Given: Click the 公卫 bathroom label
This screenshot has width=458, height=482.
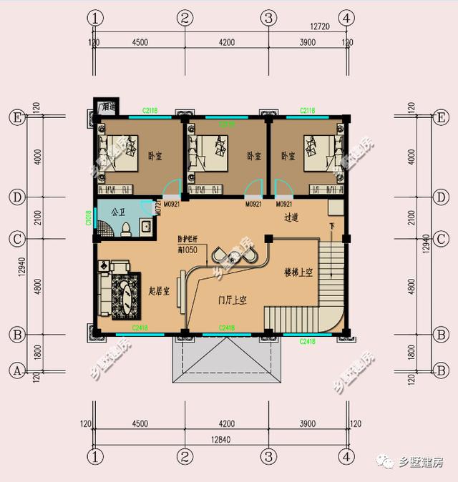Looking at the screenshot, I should coord(118,212).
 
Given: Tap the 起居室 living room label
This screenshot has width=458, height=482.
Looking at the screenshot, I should coord(158,291).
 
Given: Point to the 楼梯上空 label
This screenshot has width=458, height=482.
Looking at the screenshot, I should coord(298,272).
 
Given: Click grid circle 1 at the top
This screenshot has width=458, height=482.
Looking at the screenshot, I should coord(93,17).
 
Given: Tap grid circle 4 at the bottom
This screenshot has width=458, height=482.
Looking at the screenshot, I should coord(346,455).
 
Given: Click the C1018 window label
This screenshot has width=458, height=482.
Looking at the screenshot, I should coord(87,218).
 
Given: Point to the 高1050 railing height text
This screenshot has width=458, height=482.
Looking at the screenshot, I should coord(190,249).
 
